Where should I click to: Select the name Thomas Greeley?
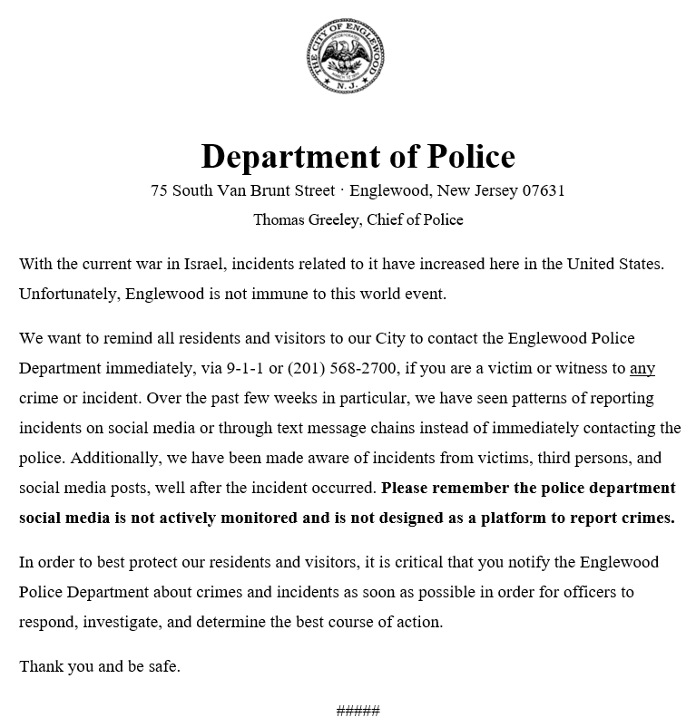tap(307, 219)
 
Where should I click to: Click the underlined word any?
tap(642, 368)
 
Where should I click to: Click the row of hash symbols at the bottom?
tap(358, 710)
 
